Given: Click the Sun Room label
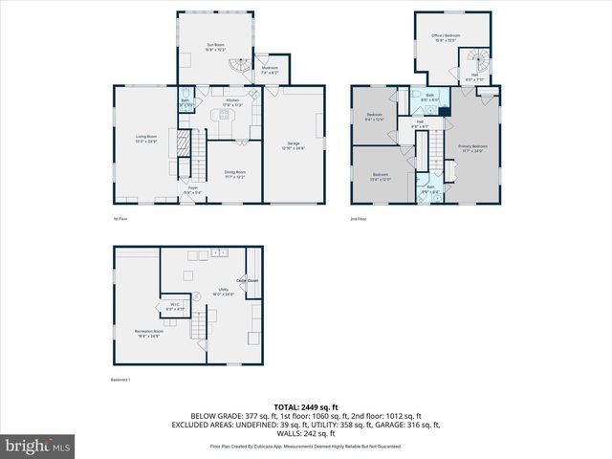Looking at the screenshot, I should [215, 46].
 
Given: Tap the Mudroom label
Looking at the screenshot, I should [270, 69].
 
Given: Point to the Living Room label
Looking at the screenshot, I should [145, 139].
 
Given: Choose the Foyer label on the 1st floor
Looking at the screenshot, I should [192, 192].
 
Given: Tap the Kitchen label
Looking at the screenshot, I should [232, 101].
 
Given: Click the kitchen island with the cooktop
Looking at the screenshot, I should [226, 119].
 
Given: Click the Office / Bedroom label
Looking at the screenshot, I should [447, 36].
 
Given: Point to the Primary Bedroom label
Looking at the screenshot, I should [472, 147].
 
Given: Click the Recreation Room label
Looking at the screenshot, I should [147, 333].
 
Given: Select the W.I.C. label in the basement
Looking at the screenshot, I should [175, 308].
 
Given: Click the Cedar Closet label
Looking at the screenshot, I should [247, 280].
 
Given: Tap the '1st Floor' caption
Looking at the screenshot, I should [121, 219].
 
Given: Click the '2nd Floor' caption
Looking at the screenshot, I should [360, 219].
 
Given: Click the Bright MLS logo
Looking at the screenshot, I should [38, 446].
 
